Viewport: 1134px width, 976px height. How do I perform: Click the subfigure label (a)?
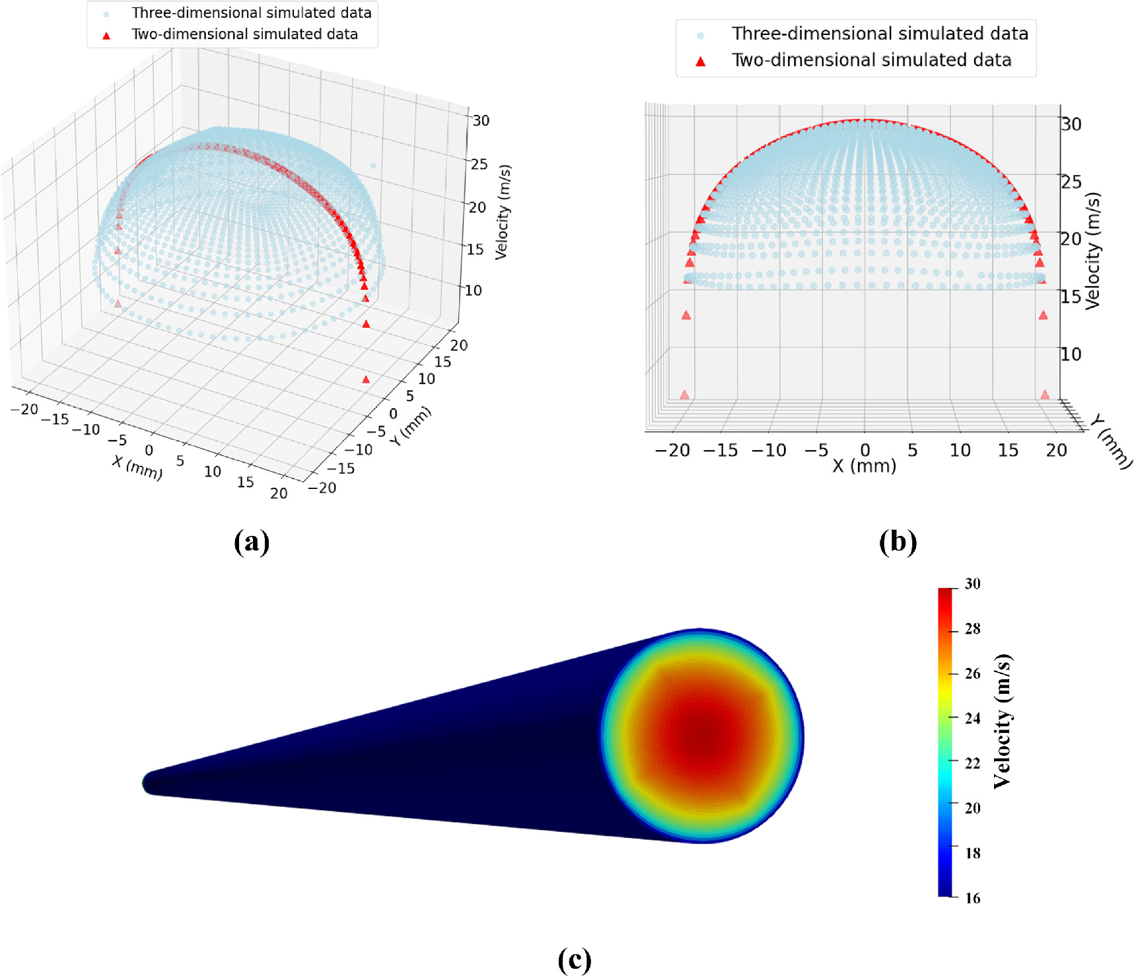(252, 541)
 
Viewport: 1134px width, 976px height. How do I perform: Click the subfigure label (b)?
(898, 541)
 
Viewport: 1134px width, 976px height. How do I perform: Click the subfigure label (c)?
(574, 959)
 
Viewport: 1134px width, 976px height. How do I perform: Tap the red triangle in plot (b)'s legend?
(701, 61)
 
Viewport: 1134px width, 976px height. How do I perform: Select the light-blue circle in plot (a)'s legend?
(106, 14)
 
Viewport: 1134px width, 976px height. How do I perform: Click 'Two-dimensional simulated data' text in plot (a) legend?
(244, 34)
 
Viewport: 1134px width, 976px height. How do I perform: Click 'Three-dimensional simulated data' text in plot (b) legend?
(880, 34)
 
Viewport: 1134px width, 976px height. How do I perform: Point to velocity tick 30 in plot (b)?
(1071, 124)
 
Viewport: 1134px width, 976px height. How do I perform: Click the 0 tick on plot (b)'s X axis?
(865, 451)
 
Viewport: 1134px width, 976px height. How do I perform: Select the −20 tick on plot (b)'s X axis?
(672, 451)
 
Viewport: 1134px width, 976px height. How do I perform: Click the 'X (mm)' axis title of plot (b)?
(864, 467)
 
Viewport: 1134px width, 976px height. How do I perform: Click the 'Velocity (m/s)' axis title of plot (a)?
(503, 212)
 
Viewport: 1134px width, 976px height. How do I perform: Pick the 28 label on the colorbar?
(972, 629)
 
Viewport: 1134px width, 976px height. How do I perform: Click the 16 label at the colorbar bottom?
(972, 898)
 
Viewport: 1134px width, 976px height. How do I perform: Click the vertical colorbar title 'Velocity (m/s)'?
(1003, 721)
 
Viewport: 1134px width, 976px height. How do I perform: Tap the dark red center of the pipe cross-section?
(702, 734)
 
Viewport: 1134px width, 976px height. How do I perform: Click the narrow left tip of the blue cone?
(149, 783)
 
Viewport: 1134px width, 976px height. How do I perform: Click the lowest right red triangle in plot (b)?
(1044, 394)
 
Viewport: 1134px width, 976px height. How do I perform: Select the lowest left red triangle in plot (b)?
(684, 394)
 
